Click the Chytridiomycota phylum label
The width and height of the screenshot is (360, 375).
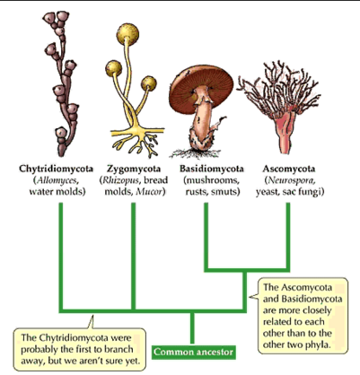click(x=57, y=169)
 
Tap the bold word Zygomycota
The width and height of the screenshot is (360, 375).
click(x=134, y=169)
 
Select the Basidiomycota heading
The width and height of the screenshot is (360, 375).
click(x=212, y=169)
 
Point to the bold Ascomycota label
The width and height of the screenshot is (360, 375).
click(x=289, y=169)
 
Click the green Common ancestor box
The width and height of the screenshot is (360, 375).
click(x=193, y=352)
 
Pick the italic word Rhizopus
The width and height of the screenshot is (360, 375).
click(x=121, y=180)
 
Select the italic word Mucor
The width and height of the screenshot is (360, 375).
click(x=149, y=192)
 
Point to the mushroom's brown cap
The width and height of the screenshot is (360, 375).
click(x=201, y=84)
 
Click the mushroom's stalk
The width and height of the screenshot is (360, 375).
click(x=204, y=123)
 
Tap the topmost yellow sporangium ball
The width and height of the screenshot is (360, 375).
click(x=127, y=32)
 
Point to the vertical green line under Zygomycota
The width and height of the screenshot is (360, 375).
click(x=134, y=256)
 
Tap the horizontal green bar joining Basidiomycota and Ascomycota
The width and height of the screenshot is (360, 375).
click(x=247, y=270)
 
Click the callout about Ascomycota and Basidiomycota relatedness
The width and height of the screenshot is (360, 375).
click(x=303, y=316)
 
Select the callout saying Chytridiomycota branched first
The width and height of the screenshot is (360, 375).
click(x=80, y=349)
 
